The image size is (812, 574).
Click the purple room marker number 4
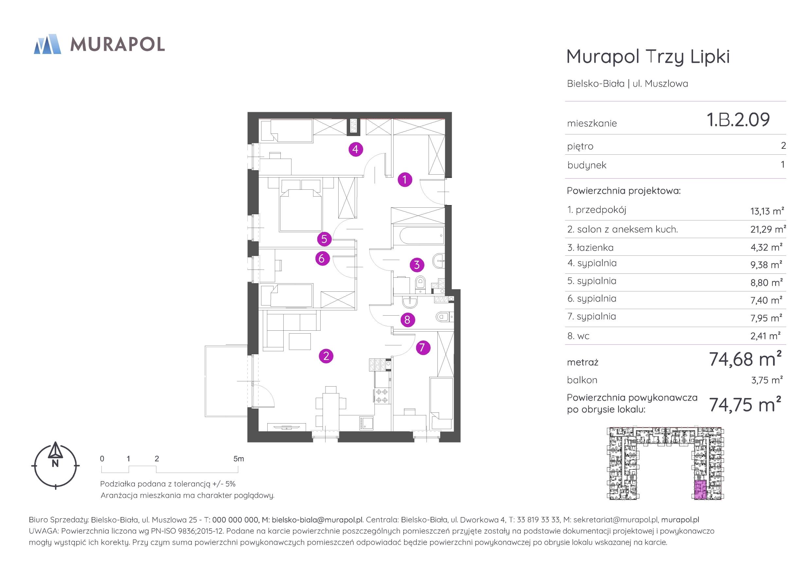[x=355, y=149]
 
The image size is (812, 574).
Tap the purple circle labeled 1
[x=405, y=180]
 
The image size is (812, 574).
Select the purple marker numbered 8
[x=407, y=320]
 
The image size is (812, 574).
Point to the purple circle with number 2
[x=326, y=356]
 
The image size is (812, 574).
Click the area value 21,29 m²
[x=768, y=229]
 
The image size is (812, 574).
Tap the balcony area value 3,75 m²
[x=767, y=380]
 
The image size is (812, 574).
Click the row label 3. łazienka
[x=590, y=248]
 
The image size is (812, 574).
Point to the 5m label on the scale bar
[x=239, y=459]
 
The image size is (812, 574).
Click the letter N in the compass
[x=55, y=463]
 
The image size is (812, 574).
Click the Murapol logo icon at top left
[x=47, y=44]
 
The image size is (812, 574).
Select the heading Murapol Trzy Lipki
[x=648, y=57]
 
